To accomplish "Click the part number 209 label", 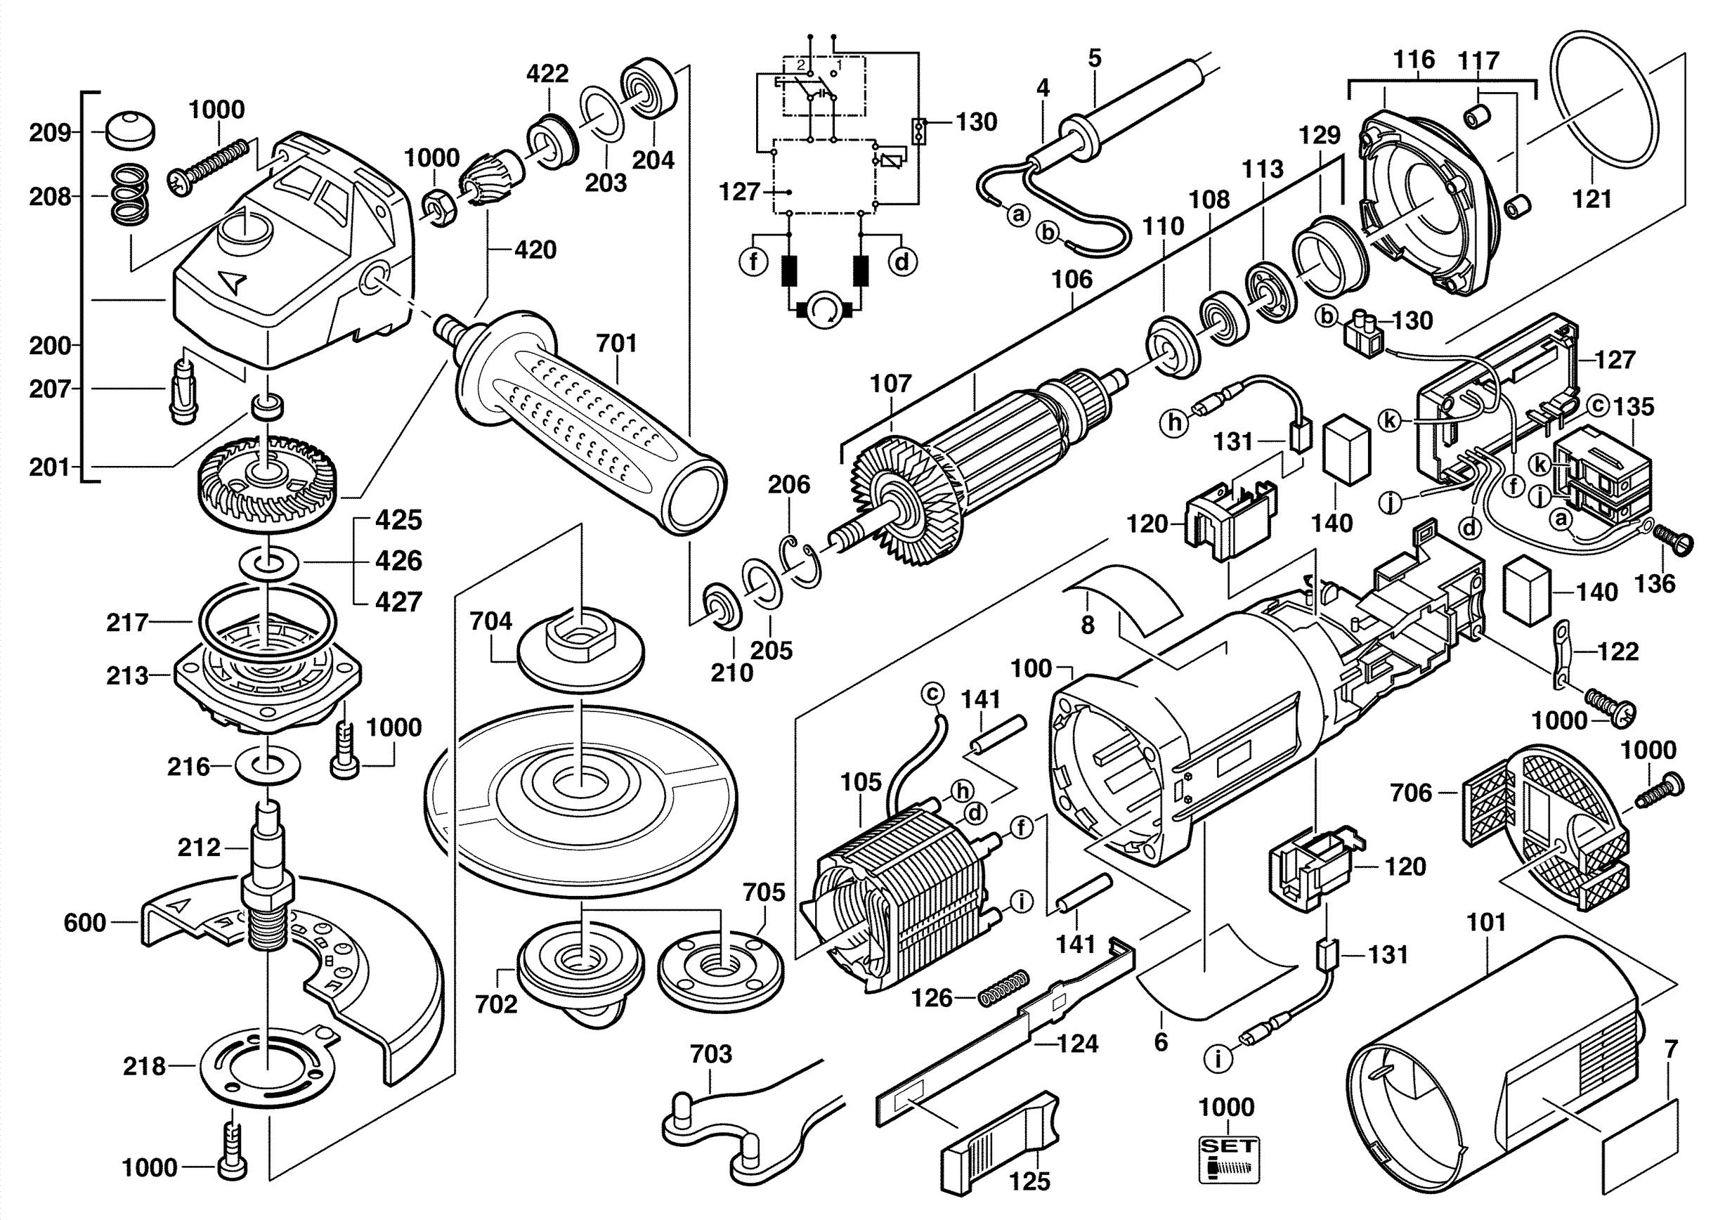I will [50, 133].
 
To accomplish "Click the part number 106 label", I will [1072, 280].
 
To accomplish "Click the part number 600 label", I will [84, 922].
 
